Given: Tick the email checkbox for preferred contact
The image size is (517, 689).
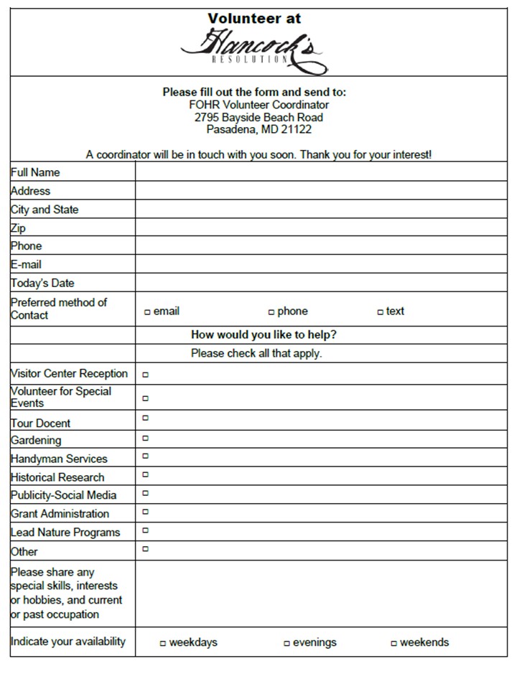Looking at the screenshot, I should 147,312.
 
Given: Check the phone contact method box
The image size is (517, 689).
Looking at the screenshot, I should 271,312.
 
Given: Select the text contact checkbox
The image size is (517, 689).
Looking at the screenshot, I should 380,312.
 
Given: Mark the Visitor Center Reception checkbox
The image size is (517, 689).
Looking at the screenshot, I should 146,374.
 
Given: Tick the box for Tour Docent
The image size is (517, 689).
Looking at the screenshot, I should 146,418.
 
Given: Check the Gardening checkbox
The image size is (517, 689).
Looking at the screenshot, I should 146,437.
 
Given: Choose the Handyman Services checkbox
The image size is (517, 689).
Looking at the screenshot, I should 146,456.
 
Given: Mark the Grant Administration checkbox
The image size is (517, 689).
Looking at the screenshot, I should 146,512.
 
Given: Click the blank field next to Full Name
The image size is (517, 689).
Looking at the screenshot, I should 320,172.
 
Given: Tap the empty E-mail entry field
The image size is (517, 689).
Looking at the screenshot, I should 320,264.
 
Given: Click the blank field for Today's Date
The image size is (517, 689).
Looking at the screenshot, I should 320,283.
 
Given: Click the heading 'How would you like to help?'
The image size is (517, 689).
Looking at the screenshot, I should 264,334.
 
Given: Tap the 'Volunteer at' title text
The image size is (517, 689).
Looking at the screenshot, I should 255,18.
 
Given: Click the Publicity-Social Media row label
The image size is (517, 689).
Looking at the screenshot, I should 63,495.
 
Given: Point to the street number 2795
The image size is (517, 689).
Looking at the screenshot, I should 207,117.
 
